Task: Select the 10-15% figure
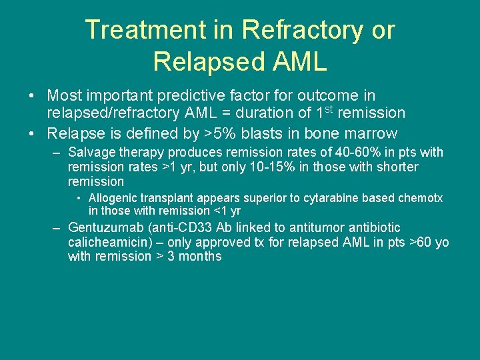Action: pos(253,167)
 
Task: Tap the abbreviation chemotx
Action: pos(421,198)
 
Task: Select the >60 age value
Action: pos(422,242)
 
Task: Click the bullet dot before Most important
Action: pos(32,97)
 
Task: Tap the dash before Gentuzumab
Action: pos(58,228)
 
